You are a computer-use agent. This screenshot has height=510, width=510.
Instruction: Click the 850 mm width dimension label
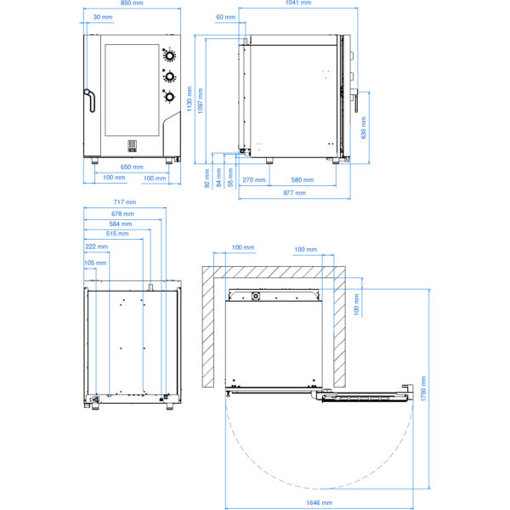click(132, 3)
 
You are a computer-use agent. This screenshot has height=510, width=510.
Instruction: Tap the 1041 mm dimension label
click(298, 3)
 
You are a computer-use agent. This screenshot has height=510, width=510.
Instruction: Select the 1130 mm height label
click(190, 99)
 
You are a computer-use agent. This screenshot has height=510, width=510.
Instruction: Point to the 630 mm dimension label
click(364, 127)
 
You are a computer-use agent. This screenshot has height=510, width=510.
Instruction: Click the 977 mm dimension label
click(294, 193)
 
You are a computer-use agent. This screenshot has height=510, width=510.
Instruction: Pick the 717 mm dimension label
click(125, 202)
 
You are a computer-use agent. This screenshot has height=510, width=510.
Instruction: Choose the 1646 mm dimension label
click(319, 502)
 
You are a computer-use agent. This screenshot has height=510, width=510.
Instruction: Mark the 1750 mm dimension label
click(423, 388)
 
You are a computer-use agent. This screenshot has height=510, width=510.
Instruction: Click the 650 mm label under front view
click(132, 167)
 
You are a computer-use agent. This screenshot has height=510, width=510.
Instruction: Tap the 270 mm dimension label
click(254, 180)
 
